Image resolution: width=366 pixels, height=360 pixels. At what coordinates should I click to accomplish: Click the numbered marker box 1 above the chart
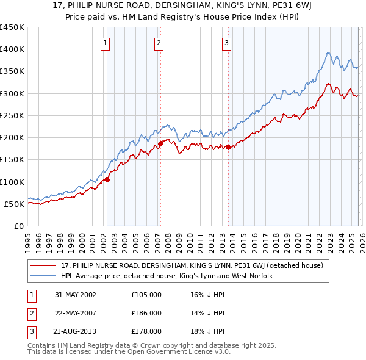(x=106, y=43)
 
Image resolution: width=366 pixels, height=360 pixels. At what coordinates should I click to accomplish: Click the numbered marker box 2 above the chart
(x=159, y=43)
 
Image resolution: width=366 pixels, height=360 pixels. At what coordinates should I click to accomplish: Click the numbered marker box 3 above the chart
(x=226, y=43)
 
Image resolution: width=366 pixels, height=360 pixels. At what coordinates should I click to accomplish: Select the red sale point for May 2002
(x=106, y=179)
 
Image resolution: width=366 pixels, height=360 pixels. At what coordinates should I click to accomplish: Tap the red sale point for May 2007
(x=160, y=143)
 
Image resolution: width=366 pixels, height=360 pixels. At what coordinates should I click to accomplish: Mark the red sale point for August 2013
(x=228, y=147)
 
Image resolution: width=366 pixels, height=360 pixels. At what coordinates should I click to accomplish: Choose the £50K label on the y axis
(x=15, y=204)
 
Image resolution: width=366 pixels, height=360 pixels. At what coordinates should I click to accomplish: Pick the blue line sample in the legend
(x=45, y=276)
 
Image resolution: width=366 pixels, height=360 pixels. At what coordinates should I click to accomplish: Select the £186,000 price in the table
(x=146, y=313)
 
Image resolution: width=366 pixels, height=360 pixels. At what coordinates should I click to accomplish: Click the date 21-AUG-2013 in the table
(x=76, y=332)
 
